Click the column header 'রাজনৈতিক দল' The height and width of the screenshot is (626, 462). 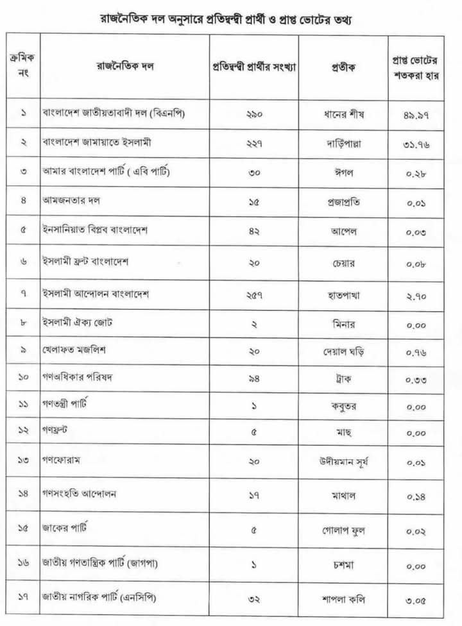(126, 65)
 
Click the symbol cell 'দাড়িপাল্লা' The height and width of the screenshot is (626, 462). (343, 143)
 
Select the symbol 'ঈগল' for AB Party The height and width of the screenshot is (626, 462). (343, 173)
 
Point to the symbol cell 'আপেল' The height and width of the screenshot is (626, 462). (343, 231)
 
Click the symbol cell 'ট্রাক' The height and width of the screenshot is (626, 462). (343, 379)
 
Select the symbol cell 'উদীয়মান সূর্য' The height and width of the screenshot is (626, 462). (343, 461)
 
